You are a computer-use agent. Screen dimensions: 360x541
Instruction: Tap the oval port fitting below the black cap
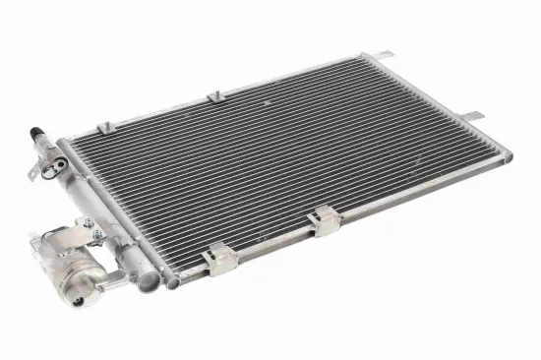pos(44,153)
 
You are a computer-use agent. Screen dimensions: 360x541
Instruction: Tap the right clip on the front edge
pos(321,222)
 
